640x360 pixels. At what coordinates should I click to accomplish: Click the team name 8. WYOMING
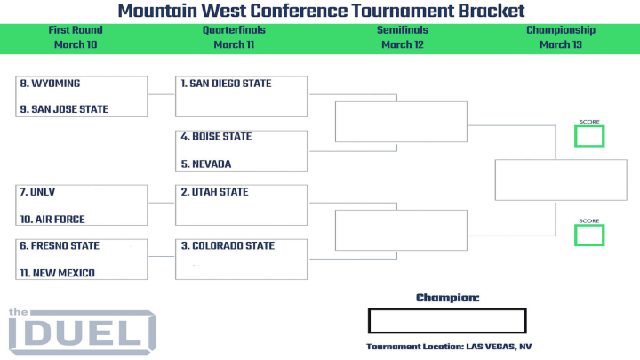tap(50, 84)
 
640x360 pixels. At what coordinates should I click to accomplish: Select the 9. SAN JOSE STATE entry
tap(64, 109)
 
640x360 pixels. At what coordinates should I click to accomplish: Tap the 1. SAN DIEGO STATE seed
tap(226, 84)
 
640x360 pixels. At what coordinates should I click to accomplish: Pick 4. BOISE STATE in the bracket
tap(216, 136)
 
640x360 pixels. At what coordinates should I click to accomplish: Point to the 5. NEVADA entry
tap(206, 164)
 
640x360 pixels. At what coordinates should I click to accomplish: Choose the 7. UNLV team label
tap(37, 192)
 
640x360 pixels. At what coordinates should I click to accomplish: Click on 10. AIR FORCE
tap(52, 220)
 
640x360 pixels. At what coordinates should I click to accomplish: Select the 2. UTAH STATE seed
tap(215, 192)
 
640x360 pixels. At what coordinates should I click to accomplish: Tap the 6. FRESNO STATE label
tap(60, 245)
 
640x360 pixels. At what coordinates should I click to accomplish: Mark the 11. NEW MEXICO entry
tap(58, 273)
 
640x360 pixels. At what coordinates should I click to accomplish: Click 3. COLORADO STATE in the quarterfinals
tap(228, 245)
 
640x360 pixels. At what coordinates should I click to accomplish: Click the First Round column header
tap(76, 30)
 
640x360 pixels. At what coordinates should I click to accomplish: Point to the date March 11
tap(234, 44)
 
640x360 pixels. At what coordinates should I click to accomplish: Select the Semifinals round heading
tap(403, 30)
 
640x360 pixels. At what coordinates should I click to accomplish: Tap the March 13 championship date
tap(561, 44)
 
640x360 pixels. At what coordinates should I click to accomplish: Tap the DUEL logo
tap(82, 332)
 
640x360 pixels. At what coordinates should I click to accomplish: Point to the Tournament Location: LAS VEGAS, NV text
tap(449, 347)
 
